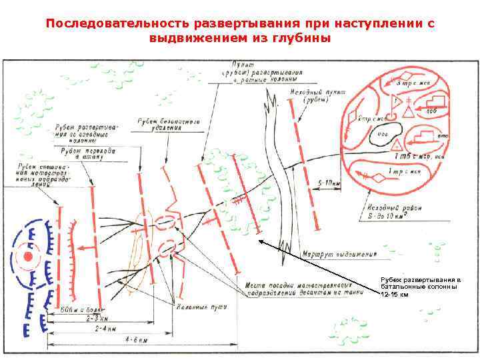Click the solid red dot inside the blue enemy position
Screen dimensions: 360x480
click(x=28, y=256)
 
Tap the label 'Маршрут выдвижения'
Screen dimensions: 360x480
click(x=347, y=253)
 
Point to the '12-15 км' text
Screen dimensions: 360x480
click(x=395, y=295)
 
